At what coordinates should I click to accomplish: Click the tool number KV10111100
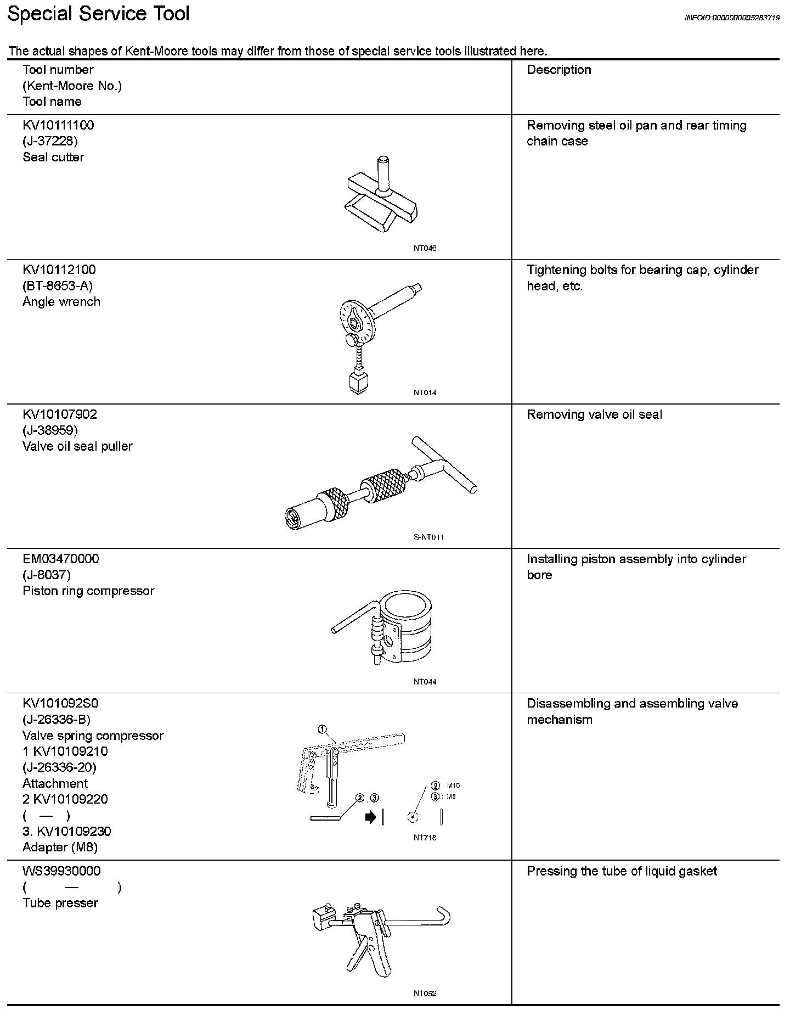click(58, 125)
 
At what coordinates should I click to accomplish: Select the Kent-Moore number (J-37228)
click(50, 141)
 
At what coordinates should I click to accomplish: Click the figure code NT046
click(425, 248)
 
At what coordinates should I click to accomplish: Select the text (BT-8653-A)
click(58, 285)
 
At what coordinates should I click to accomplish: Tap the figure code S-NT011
click(428, 537)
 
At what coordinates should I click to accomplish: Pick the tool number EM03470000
click(61, 559)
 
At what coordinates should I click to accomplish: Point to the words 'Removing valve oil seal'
click(594, 414)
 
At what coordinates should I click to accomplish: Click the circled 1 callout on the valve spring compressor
click(323, 730)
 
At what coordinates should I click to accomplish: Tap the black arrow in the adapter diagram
click(371, 817)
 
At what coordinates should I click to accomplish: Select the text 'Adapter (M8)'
click(60, 847)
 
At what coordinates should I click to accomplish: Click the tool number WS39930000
click(61, 871)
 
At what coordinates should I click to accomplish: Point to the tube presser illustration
click(379, 933)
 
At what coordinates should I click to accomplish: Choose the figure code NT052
click(425, 994)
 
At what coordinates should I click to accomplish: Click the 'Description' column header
click(558, 70)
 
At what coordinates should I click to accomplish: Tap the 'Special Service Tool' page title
click(99, 14)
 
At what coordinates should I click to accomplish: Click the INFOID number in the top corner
click(731, 18)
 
